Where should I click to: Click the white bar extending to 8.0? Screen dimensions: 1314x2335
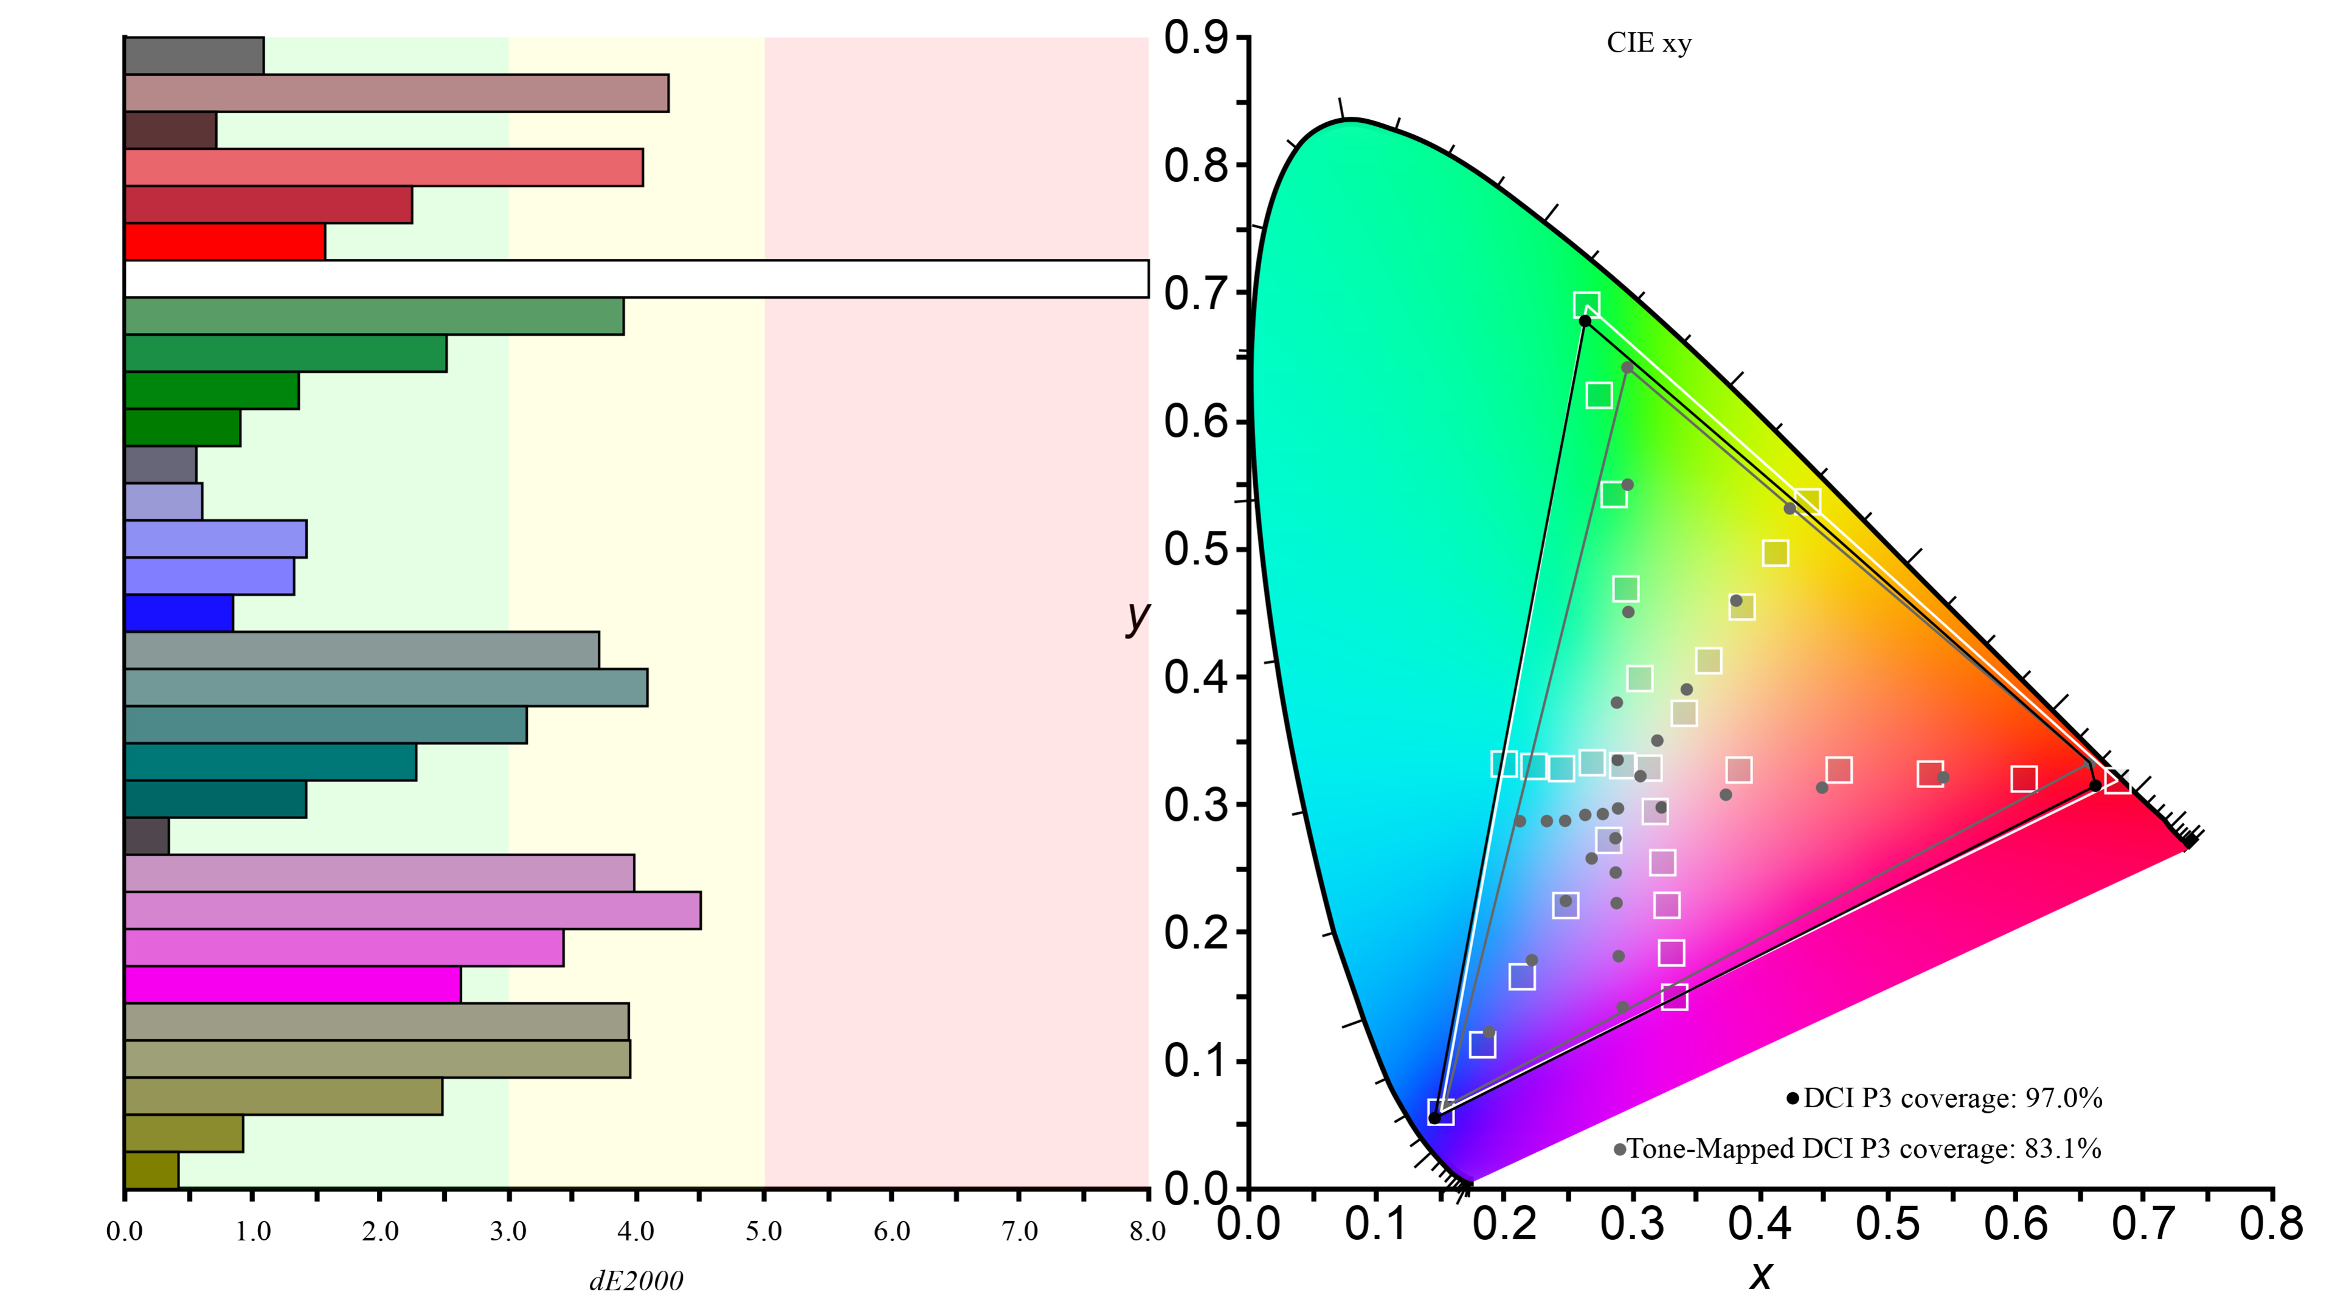[x=634, y=279]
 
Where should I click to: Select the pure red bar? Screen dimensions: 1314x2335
[x=225, y=242]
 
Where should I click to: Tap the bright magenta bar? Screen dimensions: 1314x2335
[x=292, y=985]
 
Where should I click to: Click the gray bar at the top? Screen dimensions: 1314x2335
[x=194, y=56]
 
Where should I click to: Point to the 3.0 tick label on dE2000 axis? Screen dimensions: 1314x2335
[x=508, y=1231]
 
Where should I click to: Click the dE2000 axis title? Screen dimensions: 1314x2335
[x=636, y=1281]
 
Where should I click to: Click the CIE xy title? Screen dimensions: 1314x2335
[x=1649, y=44]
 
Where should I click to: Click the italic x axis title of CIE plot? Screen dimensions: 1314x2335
[x=1760, y=1276]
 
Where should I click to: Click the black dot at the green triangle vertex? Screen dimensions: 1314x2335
[x=1585, y=321]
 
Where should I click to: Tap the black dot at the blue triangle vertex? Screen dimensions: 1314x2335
[x=1434, y=1118]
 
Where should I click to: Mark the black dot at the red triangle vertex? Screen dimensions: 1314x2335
[x=2095, y=785]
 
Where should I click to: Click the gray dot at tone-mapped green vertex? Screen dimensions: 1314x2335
[x=1627, y=368]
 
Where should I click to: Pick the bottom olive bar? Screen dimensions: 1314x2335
[x=151, y=1170]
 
